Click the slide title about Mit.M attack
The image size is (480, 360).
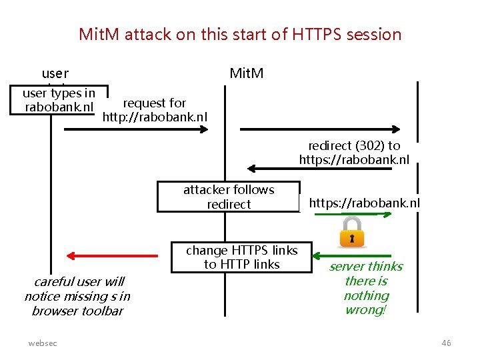tap(240, 34)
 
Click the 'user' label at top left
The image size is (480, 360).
tap(55, 73)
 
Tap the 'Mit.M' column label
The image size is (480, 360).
tap(246, 73)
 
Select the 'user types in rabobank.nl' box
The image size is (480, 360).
tap(59, 100)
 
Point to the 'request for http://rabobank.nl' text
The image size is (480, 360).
tap(155, 110)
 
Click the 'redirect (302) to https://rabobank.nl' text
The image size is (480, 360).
tap(354, 153)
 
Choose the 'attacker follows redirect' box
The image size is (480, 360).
tap(229, 197)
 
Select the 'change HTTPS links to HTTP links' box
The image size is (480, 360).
tap(241, 257)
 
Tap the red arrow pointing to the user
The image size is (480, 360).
tap(116, 255)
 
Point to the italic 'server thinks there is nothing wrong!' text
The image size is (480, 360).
tap(366, 288)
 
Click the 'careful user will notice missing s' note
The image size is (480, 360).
tap(77, 296)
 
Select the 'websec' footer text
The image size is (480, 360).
tap(43, 343)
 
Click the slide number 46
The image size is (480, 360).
tap(446, 343)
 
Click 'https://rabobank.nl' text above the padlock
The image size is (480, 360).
tap(364, 203)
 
